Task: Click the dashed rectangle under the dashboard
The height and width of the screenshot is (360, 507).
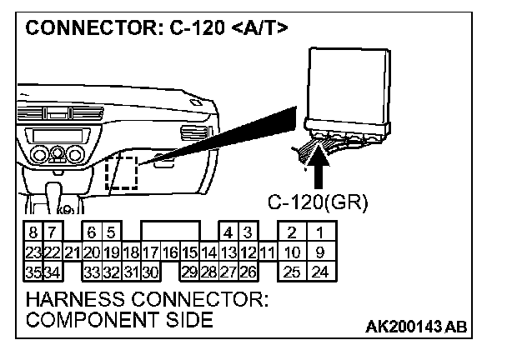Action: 122,172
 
